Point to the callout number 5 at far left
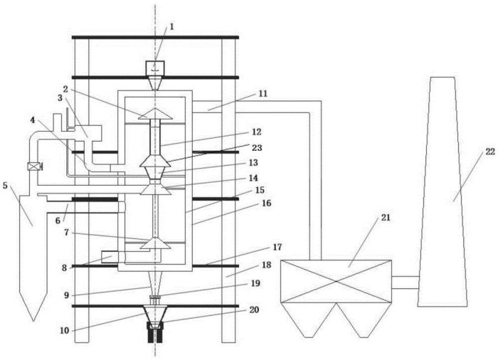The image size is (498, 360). point(6,186)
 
